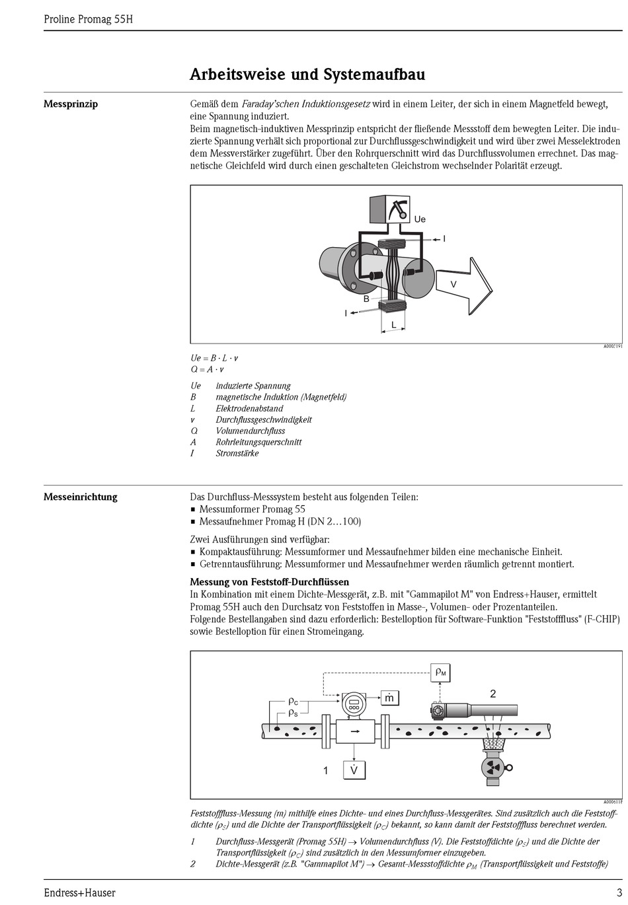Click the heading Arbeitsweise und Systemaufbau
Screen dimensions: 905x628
(x=307, y=74)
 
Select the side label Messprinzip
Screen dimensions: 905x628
(x=71, y=104)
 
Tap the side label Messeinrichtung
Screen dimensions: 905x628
(x=80, y=497)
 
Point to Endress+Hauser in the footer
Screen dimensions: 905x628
(x=79, y=892)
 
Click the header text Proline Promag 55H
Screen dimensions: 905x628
(x=88, y=19)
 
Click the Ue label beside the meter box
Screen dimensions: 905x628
(x=420, y=219)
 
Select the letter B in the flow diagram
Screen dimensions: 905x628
(x=366, y=299)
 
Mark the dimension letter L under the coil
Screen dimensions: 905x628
(x=394, y=325)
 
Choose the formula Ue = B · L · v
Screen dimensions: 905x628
(x=214, y=358)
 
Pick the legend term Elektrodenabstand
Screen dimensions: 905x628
(x=249, y=408)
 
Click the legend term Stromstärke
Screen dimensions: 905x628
(x=237, y=453)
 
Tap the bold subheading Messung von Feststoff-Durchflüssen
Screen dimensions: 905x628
(x=269, y=582)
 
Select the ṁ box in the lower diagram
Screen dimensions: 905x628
(x=390, y=698)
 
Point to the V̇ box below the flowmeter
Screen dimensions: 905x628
(x=354, y=770)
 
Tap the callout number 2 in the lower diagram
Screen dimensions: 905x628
(x=492, y=694)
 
